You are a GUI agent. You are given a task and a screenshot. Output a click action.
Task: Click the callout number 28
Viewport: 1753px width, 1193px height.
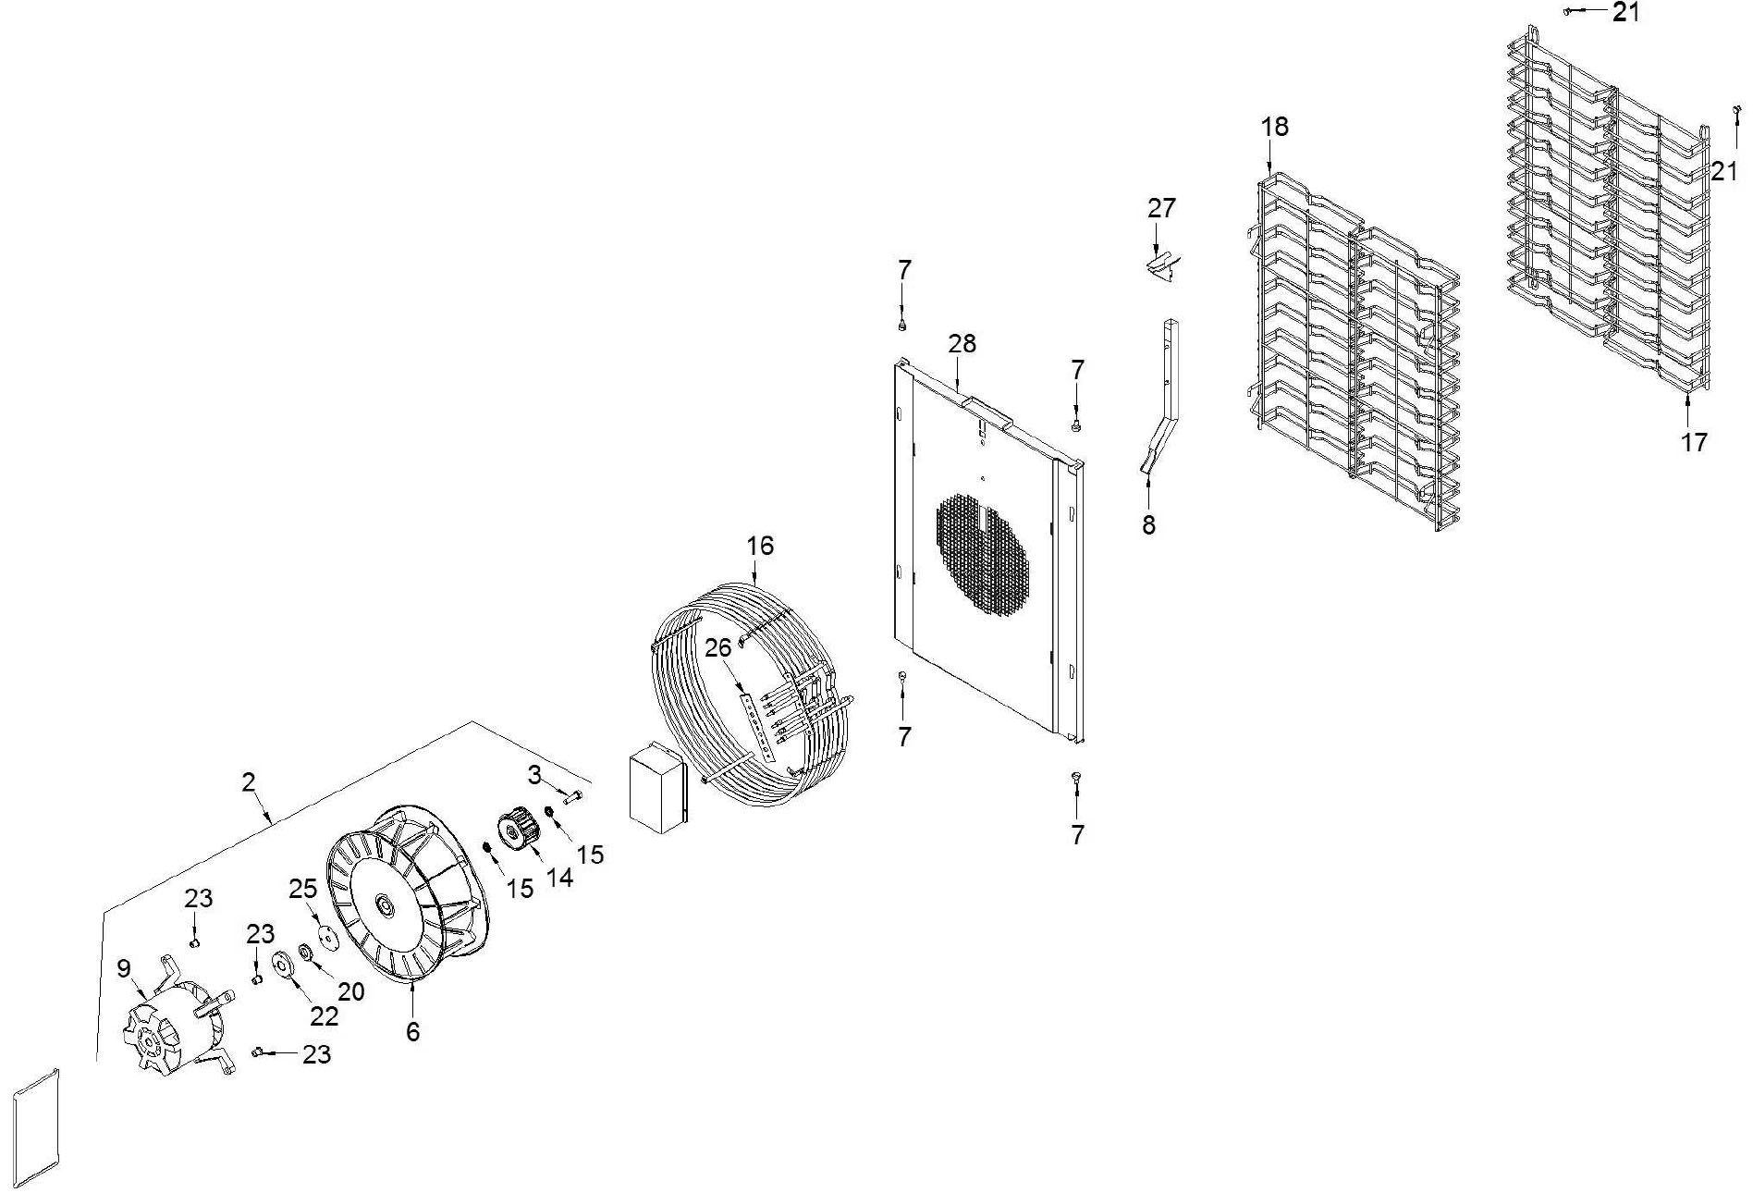962,344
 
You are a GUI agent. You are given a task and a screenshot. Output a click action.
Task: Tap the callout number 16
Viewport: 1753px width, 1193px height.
760,547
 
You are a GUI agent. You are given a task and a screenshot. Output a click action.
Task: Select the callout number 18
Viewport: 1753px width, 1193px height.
1274,127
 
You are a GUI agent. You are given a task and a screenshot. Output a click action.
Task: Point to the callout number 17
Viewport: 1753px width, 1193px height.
1694,442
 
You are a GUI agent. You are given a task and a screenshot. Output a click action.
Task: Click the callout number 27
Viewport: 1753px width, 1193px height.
1161,208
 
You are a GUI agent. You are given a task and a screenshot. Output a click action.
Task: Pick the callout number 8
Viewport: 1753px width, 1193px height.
1148,525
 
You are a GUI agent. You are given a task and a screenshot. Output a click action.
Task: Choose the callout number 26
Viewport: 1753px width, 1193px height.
718,648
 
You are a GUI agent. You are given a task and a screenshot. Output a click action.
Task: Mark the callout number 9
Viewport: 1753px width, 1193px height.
124,968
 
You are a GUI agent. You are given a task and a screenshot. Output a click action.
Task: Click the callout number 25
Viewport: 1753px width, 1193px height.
303,889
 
